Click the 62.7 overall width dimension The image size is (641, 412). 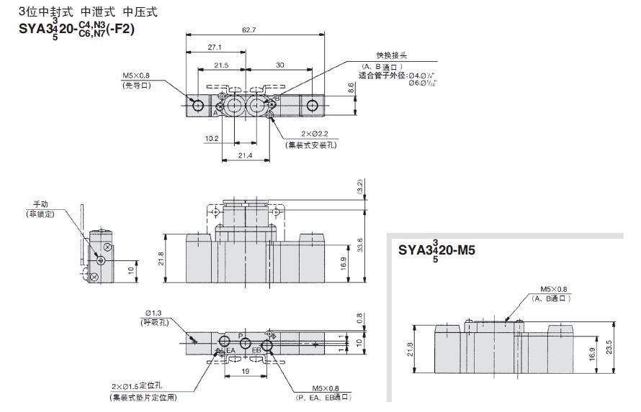point(248,29)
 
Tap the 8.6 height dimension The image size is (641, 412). point(351,88)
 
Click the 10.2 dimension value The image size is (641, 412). point(211,138)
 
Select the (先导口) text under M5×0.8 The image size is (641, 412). point(135,85)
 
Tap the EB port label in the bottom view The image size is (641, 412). point(256,350)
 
